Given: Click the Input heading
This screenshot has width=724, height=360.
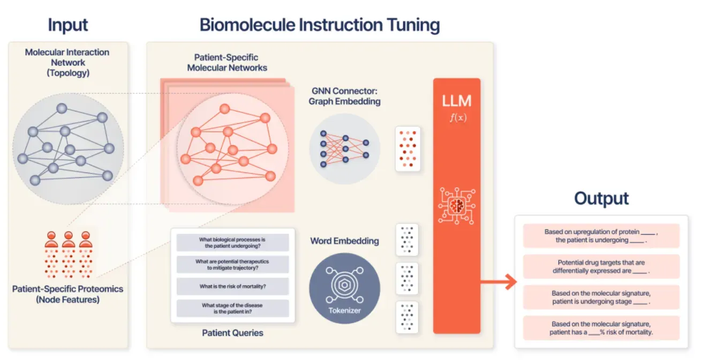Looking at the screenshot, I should point(68,25).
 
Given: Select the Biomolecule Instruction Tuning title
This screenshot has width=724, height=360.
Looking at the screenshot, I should point(320,25).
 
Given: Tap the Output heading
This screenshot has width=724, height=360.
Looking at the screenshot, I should point(601,199).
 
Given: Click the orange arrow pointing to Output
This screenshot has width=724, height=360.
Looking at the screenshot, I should point(498,282).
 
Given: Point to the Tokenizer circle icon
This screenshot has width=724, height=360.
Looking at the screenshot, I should point(344,288).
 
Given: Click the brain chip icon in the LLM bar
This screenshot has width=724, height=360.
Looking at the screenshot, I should point(456,205).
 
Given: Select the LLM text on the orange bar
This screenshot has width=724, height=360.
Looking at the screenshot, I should point(456,101).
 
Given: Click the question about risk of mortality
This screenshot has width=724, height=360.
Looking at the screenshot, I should point(232,287).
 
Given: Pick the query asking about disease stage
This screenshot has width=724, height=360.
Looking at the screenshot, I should point(232,309).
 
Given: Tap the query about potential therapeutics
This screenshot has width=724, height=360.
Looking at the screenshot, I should point(232,265).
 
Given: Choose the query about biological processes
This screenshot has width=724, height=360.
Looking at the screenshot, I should point(232,243).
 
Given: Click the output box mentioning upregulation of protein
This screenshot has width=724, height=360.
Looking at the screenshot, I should point(601,236).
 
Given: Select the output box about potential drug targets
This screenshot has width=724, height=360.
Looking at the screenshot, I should point(601,267).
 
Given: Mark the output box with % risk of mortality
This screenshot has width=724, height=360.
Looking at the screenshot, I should point(601,328).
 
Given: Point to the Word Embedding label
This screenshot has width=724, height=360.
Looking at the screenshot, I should point(344,241).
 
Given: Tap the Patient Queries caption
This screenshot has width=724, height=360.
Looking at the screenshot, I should point(232,333).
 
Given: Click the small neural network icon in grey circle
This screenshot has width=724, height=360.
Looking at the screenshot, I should point(344,149).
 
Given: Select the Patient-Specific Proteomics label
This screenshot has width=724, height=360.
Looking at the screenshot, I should point(68,294).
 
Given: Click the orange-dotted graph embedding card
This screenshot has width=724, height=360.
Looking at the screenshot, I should point(408,149).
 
